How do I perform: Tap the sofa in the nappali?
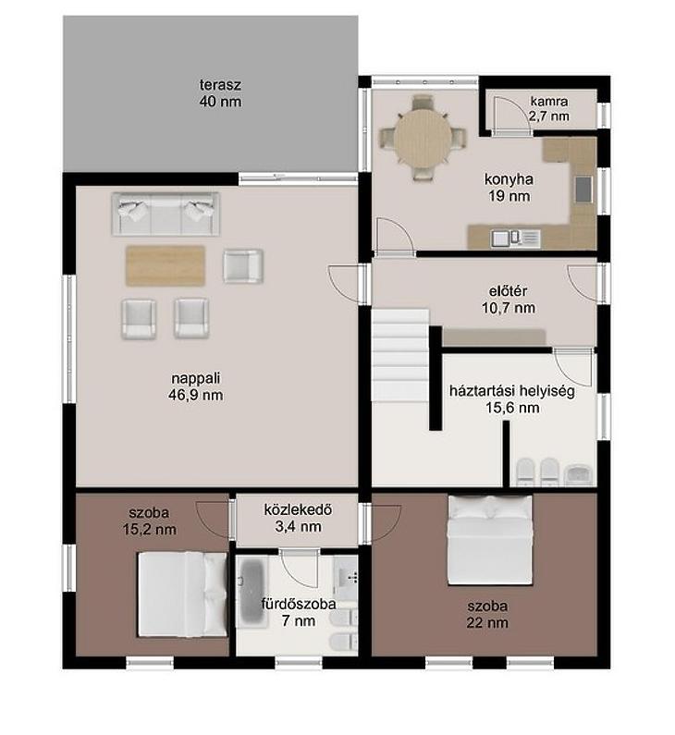coord(166,214)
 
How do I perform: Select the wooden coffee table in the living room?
coord(166,265)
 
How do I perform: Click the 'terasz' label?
coord(220,85)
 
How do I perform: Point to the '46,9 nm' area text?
coord(195,395)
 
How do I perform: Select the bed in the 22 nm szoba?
coord(490,540)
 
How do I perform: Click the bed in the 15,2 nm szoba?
coord(182,594)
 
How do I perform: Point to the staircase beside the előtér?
coord(400,355)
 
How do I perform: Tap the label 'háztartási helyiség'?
coord(512,390)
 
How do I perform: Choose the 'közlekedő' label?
coord(298,509)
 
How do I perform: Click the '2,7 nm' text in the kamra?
coord(549,116)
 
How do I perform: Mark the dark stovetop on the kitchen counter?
coord(583,189)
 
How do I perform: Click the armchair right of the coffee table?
coord(243,265)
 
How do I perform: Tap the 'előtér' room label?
coord(509,291)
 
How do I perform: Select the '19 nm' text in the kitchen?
coord(509,195)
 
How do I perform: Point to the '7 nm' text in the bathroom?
coord(299,620)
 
